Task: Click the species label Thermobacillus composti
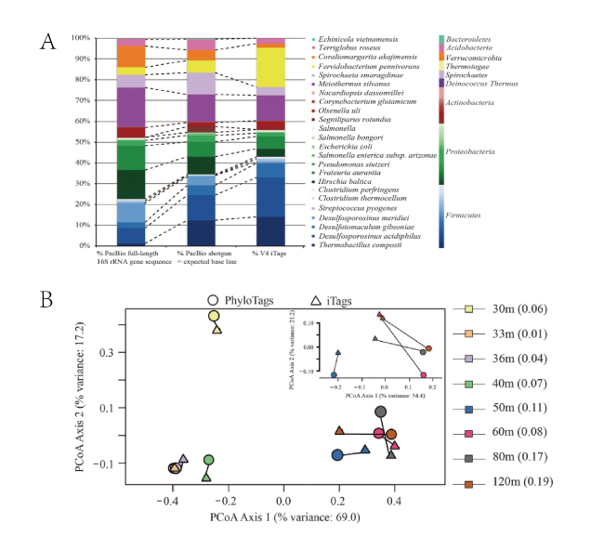(361, 244)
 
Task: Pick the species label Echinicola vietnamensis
(359, 39)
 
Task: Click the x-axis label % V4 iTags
(258, 254)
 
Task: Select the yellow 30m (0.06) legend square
(459, 335)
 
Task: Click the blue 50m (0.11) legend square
(459, 409)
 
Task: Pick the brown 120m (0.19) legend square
(459, 483)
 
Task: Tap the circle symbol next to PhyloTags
(213, 301)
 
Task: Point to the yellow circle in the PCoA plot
(215, 317)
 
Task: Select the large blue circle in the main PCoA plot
(337, 454)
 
